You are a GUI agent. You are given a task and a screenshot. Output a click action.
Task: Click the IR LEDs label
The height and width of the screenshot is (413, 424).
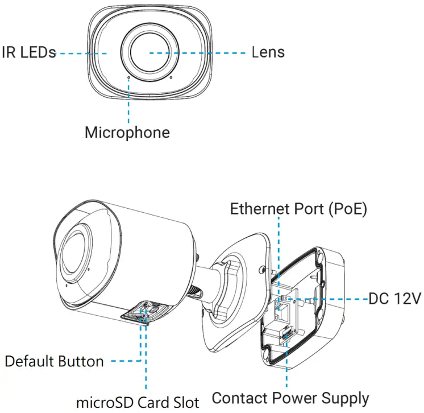[x=28, y=52]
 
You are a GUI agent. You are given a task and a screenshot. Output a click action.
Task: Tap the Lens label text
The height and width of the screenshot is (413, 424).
[x=268, y=52]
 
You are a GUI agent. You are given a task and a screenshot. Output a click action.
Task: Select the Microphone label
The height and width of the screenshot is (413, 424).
[x=127, y=133]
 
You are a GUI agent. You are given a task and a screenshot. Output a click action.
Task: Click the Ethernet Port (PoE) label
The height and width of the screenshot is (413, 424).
[x=298, y=209]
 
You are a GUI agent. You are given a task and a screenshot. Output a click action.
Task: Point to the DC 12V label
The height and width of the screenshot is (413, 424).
[x=394, y=298]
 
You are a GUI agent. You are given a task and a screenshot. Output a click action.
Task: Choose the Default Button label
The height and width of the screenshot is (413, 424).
[x=54, y=361]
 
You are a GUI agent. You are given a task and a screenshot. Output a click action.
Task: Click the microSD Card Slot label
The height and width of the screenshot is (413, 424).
[x=138, y=402]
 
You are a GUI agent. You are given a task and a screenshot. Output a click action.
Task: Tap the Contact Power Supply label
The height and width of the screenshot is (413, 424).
[x=290, y=398]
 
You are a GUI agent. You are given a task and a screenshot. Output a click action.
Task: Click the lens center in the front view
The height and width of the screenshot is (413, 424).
[x=150, y=52]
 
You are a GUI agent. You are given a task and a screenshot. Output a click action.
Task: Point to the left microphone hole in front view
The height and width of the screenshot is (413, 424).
[x=129, y=75]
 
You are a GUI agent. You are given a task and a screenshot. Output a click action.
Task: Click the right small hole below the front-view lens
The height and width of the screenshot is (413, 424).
[x=171, y=77]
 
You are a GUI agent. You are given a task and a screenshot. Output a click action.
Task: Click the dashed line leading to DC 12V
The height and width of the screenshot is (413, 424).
[x=330, y=298]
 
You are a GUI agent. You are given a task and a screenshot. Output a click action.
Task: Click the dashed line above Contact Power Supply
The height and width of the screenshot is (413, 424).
[x=287, y=364]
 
